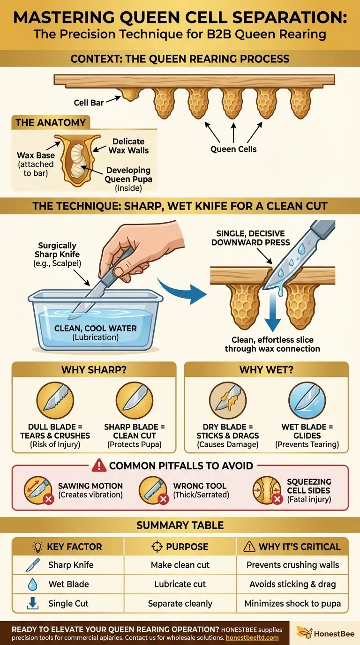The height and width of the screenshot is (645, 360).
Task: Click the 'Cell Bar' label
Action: coord(89,103)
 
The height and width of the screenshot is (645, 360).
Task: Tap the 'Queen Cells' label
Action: coord(233,149)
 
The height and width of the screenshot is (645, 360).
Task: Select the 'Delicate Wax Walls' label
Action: coord(128,146)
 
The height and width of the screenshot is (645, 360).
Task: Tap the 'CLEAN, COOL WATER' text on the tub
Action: coord(95,328)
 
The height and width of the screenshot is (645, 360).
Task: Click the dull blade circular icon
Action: coord(55,400)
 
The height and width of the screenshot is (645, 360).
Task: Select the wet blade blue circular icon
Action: coord(307,400)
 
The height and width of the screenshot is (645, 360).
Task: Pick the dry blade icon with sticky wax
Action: coord(227,400)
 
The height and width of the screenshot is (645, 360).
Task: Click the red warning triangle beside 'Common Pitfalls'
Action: coord(99,465)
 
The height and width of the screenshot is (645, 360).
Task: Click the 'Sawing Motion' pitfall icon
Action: coord(38,490)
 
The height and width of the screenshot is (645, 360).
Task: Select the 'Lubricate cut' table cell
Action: coord(180,584)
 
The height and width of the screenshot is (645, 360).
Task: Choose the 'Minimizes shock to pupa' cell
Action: coord(292,604)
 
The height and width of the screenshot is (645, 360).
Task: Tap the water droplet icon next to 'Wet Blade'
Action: coord(33,584)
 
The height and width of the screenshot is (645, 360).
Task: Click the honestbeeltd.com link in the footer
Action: coord(252,638)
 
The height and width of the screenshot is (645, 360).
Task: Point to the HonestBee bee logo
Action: coord(304,632)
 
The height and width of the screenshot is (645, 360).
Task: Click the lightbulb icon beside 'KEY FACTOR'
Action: coord(37,547)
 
